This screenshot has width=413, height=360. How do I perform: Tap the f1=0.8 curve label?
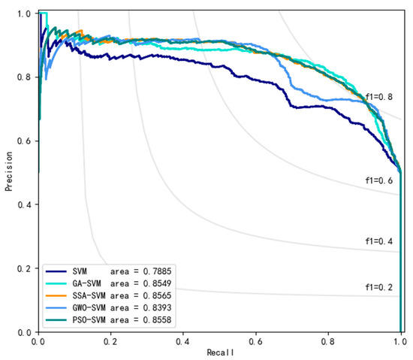coord(378,96)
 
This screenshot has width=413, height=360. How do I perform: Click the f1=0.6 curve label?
coord(378,181)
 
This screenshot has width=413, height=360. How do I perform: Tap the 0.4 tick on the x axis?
coord(183,340)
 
